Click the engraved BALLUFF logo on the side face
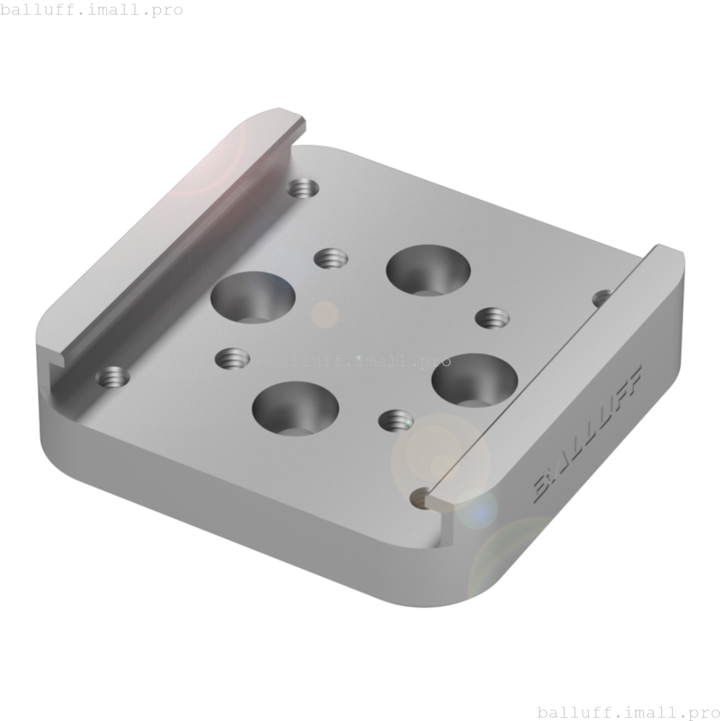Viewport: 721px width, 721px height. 588,434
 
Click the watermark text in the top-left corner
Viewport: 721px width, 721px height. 91,10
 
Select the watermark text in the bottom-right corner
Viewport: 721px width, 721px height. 629,712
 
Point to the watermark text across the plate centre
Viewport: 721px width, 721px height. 359,360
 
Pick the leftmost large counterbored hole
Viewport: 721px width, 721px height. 253,297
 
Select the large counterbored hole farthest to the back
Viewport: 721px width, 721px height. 428,270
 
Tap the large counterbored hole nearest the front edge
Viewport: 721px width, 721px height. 295,408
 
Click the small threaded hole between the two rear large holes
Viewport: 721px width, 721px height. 331,259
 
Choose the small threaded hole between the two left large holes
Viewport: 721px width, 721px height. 233,358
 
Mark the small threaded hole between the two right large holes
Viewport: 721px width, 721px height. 492,318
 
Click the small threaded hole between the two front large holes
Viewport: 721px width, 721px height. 395,420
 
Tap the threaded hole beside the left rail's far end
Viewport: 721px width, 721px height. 303,188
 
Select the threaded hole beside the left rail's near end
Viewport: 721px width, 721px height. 113,376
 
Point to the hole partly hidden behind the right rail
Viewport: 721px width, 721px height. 602,297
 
